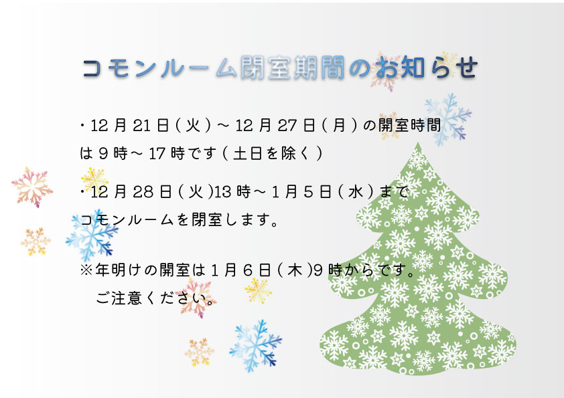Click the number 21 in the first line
(141, 126)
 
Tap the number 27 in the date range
(287, 126)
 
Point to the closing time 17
(157, 154)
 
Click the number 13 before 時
(222, 192)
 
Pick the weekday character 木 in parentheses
(295, 270)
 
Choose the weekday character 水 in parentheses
(356, 192)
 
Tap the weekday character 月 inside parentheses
(339, 126)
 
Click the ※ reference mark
(86, 270)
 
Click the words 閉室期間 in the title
(293, 68)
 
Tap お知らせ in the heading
(426, 68)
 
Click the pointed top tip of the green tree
(417, 142)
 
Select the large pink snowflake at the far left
(32, 187)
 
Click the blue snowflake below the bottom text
(256, 346)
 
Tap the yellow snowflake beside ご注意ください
(258, 290)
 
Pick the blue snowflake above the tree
(448, 119)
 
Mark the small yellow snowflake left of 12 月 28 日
(94, 179)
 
